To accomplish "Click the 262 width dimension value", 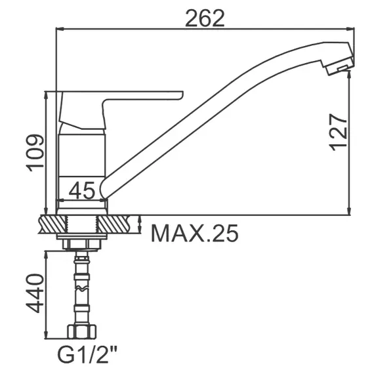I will pyautogui.click(x=204, y=18).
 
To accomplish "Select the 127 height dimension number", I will pyautogui.click(x=338, y=131).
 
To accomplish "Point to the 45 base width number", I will pyautogui.click(x=82, y=190).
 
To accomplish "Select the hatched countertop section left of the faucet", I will pyautogui.click(x=50, y=224).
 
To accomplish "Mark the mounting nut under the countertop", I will pyautogui.click(x=81, y=241).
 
